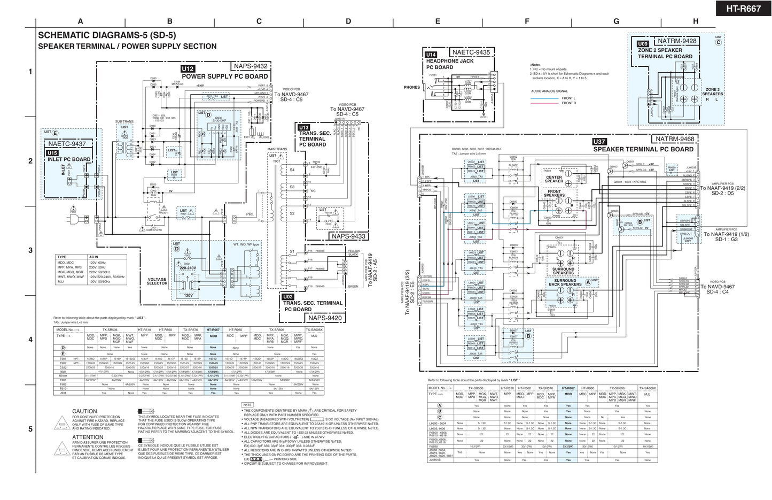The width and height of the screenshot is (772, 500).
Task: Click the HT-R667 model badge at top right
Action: [743, 9]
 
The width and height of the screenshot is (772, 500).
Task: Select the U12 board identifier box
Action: [188, 69]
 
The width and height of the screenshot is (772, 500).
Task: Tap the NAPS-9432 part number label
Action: [250, 66]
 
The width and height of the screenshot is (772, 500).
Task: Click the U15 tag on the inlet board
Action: [52, 153]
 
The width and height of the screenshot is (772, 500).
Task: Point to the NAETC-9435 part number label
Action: [471, 52]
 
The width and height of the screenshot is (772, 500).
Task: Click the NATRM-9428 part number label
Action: [677, 41]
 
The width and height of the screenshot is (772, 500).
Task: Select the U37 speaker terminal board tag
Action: [599, 142]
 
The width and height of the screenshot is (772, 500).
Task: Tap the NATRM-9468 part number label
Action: [675, 139]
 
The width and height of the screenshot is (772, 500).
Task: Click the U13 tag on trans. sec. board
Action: [304, 127]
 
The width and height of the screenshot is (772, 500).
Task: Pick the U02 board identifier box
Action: [288, 296]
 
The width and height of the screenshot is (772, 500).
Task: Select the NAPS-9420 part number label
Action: [324, 318]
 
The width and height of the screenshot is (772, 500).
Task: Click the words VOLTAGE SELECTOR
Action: [157, 281]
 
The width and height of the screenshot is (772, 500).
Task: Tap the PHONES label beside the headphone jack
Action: [411, 87]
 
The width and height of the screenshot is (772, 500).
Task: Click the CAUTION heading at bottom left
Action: [84, 411]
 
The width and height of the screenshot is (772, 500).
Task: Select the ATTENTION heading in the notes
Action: [88, 437]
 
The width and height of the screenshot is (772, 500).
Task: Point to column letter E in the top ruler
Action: [438, 21]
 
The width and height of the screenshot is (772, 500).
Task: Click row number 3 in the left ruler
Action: [30, 250]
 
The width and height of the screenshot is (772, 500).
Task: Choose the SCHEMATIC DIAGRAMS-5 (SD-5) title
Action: [107, 35]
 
